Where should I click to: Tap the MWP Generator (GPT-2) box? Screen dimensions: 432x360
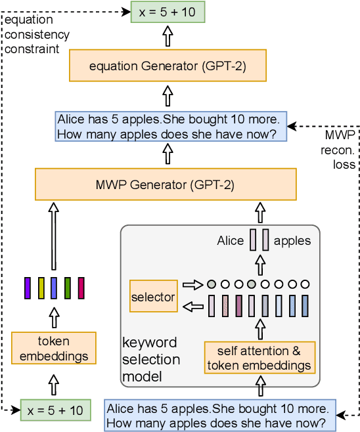[168, 184]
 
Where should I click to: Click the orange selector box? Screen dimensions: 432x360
[153, 297]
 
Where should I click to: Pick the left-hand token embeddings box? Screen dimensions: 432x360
[53, 348]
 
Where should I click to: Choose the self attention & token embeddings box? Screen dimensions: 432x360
[259, 357]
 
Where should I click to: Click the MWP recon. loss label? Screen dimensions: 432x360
[340, 150]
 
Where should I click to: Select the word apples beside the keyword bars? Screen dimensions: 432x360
[293, 241]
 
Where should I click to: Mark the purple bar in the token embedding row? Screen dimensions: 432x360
[28, 288]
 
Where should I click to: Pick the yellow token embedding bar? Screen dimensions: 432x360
[41, 288]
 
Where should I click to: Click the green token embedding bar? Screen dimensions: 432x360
[68, 288]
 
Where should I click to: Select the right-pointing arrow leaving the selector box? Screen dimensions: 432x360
[192, 285]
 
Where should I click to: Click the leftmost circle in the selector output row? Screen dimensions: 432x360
[211, 285]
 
